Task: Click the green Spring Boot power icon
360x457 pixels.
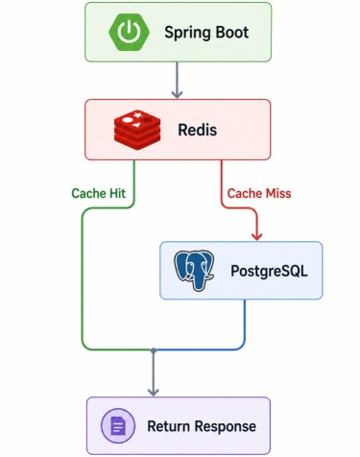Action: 129,32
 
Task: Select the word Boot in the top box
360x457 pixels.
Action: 231,32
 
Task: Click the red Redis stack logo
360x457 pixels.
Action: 137,130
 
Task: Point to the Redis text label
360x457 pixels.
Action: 198,130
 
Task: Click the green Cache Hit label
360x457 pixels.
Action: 99,193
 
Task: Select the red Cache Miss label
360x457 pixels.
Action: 259,193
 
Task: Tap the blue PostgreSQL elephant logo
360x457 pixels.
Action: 194,271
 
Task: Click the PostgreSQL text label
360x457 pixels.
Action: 269,271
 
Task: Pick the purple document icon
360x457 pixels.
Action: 118,426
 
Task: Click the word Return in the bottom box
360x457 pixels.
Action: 169,426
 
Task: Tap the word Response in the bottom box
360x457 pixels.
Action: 226,427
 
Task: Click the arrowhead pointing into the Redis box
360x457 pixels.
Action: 177,94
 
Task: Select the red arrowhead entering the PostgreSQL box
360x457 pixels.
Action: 256,237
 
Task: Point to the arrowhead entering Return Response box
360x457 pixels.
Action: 154,392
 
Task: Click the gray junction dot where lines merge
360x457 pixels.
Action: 154,350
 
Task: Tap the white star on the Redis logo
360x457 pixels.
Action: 137,114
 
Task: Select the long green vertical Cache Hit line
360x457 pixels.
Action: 83,278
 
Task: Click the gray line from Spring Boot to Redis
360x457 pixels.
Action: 177,80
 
